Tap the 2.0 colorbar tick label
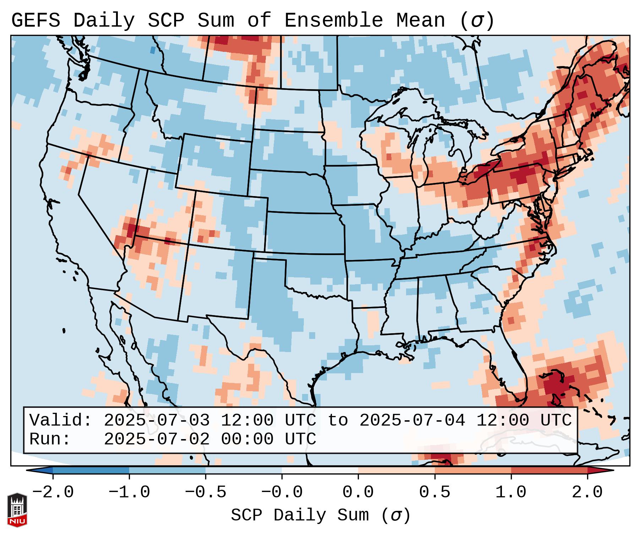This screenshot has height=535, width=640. [587, 492]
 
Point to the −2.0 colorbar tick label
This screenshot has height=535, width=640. [53, 492]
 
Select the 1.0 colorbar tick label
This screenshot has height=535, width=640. [511, 492]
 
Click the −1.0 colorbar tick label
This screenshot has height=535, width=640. [129, 492]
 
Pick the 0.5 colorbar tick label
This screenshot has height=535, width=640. [434, 492]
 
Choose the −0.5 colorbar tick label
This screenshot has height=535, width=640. [206, 492]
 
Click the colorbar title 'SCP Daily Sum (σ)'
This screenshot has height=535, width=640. [321, 515]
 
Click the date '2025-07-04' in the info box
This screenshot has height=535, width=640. [412, 420]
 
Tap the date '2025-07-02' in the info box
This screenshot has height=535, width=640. [157, 439]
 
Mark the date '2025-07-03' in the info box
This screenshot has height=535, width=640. [157, 420]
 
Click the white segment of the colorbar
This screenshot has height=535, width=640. [320, 470]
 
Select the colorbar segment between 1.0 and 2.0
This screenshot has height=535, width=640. [549, 470]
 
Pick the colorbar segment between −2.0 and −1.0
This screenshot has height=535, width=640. [91, 470]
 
